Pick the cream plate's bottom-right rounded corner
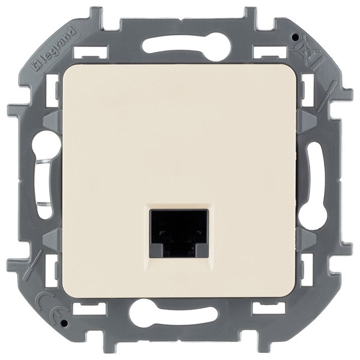[294, 294]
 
